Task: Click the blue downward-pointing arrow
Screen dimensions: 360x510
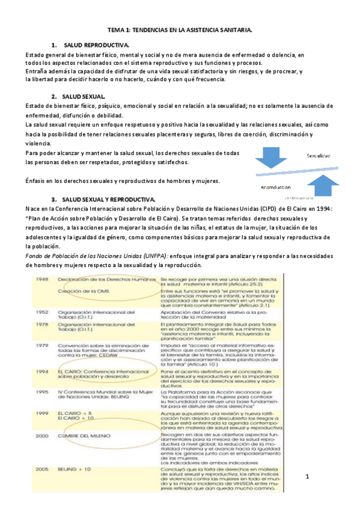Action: point(270,158)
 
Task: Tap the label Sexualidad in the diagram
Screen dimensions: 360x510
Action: point(319,156)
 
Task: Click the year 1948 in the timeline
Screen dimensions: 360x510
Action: point(41,280)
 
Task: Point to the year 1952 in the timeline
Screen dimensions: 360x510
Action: point(41,312)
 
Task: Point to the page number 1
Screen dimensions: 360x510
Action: point(307,477)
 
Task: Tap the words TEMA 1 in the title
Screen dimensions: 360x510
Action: point(120,29)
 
